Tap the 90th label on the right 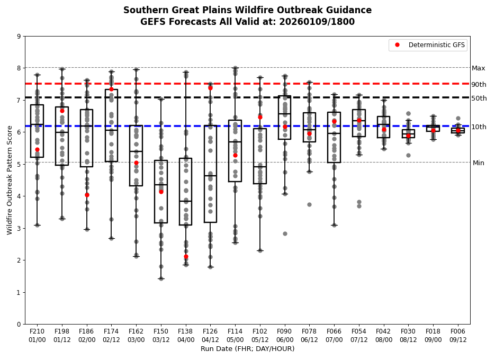click(479, 85)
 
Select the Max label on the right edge click(478, 68)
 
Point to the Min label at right click(478, 163)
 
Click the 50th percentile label click(479, 98)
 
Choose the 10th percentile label click(479, 127)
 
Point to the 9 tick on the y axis click(19, 37)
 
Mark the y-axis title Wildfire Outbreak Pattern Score click(10, 181)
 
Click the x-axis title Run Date click(247, 349)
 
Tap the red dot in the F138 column click(186, 257)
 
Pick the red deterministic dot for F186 click(87, 195)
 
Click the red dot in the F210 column click(37, 149)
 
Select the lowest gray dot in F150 click(161, 278)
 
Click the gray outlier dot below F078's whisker click(309, 204)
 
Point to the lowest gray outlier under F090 click(285, 233)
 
